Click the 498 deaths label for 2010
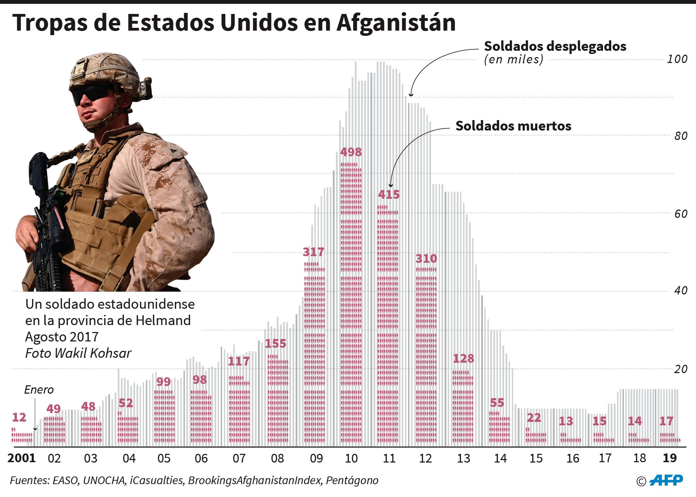(351, 152)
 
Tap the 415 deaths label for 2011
(389, 194)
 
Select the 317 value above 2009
(313, 252)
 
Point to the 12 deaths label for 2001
(19, 417)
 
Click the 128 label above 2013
(464, 358)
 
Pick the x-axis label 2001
(22, 458)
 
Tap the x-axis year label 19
(670, 458)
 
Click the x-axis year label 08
(277, 458)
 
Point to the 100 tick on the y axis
(677, 59)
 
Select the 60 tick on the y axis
(679, 214)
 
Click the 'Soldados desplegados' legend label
(555, 46)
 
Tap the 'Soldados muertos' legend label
(513, 126)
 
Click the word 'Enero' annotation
(39, 389)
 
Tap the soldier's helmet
(104, 71)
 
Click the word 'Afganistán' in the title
(396, 23)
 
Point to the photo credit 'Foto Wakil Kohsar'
(78, 353)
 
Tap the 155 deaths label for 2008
(275, 344)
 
